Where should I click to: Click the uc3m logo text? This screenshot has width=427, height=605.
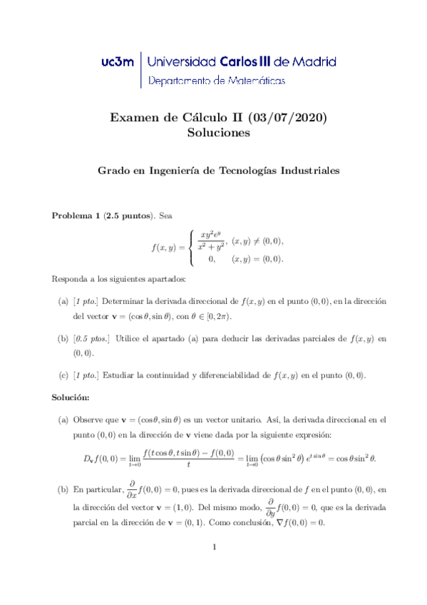pyautogui.click(x=118, y=62)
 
